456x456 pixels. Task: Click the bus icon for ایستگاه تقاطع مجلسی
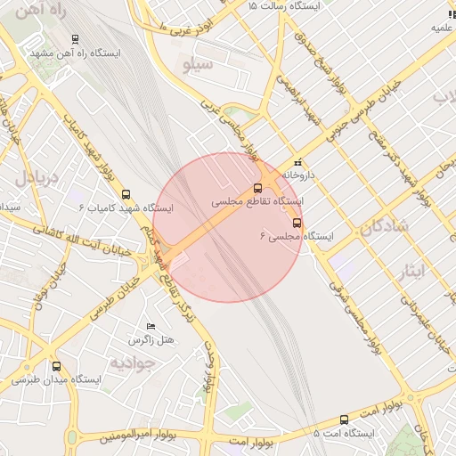coord(258,188)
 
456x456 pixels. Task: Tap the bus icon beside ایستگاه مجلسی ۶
coord(297,223)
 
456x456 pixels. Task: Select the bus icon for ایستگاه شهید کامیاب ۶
coord(126,193)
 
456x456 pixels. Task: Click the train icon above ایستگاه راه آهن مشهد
coord(74,39)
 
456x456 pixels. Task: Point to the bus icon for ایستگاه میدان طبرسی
coord(57,366)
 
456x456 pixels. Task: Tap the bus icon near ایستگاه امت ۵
coord(345,419)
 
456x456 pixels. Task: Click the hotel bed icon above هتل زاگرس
coord(151,327)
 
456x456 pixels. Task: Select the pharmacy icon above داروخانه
coord(297,163)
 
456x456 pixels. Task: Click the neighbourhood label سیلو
coord(198,65)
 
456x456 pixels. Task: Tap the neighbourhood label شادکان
coord(384,226)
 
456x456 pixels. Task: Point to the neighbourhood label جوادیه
coord(133,362)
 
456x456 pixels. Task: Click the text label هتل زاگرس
coord(151,340)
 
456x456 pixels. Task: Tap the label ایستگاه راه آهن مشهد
coord(87,52)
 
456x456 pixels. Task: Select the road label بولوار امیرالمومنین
coord(109,437)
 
